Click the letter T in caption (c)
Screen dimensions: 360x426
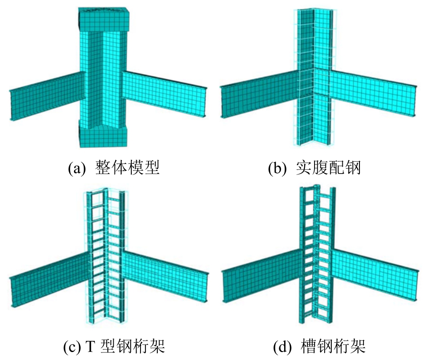point(90,347)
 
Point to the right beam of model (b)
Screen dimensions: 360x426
point(372,95)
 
